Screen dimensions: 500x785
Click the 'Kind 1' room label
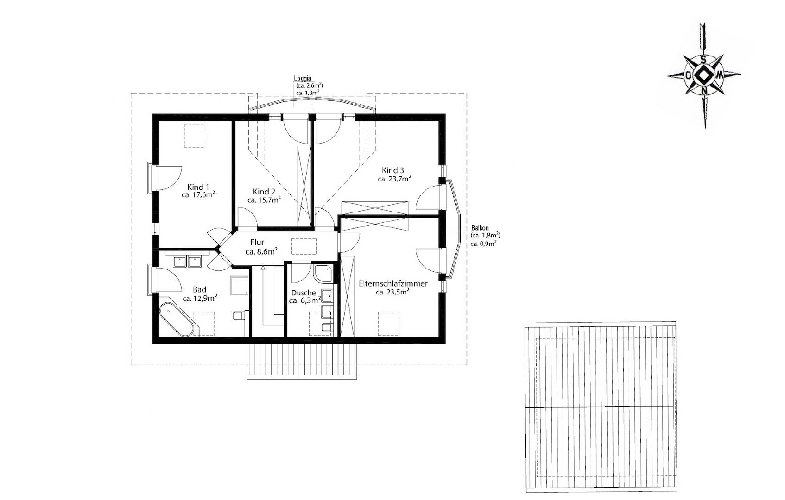(198, 187)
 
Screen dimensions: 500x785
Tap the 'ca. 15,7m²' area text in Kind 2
(264, 200)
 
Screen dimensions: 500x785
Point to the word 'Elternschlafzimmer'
(393, 283)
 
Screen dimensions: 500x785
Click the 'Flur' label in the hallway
(257, 242)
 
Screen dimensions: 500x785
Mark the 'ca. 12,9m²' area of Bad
(200, 299)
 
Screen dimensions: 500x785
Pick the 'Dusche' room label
(304, 293)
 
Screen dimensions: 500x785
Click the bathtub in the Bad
(176, 320)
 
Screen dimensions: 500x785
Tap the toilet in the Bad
(238, 316)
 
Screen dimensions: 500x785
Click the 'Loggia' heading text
(303, 78)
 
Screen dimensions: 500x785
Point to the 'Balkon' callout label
(481, 228)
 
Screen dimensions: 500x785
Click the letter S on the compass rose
(703, 60)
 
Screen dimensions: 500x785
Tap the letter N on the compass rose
(704, 91)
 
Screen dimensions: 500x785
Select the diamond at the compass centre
(703, 75)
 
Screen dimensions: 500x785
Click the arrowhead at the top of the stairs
(263, 268)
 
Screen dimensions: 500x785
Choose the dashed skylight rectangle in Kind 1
(195, 135)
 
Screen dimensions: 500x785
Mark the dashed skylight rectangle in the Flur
(304, 246)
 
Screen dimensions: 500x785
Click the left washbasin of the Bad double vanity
(179, 262)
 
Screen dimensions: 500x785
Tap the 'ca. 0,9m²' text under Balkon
(484, 243)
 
